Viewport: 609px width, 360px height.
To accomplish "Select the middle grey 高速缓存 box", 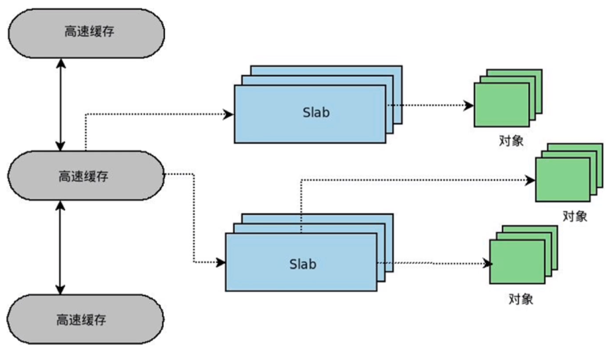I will click(86, 176).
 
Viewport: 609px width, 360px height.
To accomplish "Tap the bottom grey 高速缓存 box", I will click(86, 320).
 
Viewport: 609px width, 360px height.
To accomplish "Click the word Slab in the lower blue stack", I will click(303, 264).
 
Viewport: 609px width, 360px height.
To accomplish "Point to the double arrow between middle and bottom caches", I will click(61, 248).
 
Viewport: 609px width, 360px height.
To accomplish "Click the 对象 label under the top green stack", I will click(512, 141).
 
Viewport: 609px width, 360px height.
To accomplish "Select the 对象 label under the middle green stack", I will click(575, 216).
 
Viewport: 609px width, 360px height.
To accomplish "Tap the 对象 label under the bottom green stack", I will click(521, 299).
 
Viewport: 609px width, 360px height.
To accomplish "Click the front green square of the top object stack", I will click(502, 104).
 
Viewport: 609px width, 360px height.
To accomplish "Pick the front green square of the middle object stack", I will click(563, 179).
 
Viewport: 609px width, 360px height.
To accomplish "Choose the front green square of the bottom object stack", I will click(517, 263).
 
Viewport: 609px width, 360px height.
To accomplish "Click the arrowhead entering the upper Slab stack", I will click(229, 114).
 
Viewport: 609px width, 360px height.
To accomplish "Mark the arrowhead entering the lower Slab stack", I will click(221, 263).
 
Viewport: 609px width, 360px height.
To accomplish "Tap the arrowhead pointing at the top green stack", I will click(470, 105).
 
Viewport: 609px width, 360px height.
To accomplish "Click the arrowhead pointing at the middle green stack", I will click(530, 180).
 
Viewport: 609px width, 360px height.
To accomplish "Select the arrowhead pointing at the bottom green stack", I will click(486, 263).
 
